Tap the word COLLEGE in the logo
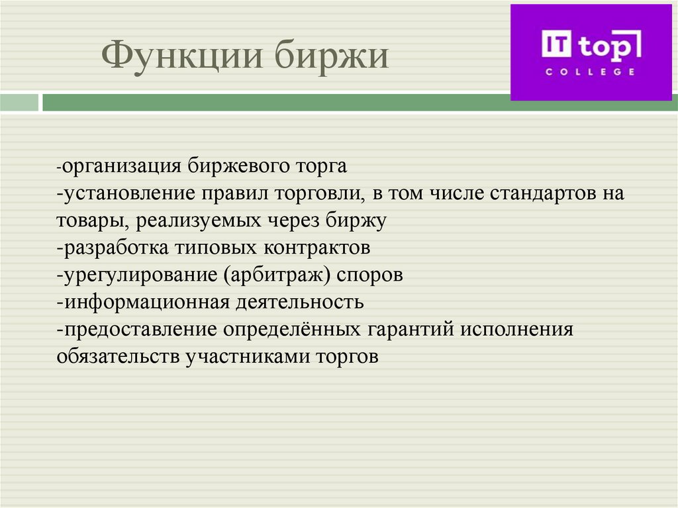click(x=589, y=72)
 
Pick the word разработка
click(x=115, y=248)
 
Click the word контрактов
click(x=316, y=248)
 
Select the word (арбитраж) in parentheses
click(x=280, y=275)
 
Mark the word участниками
click(x=250, y=356)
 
